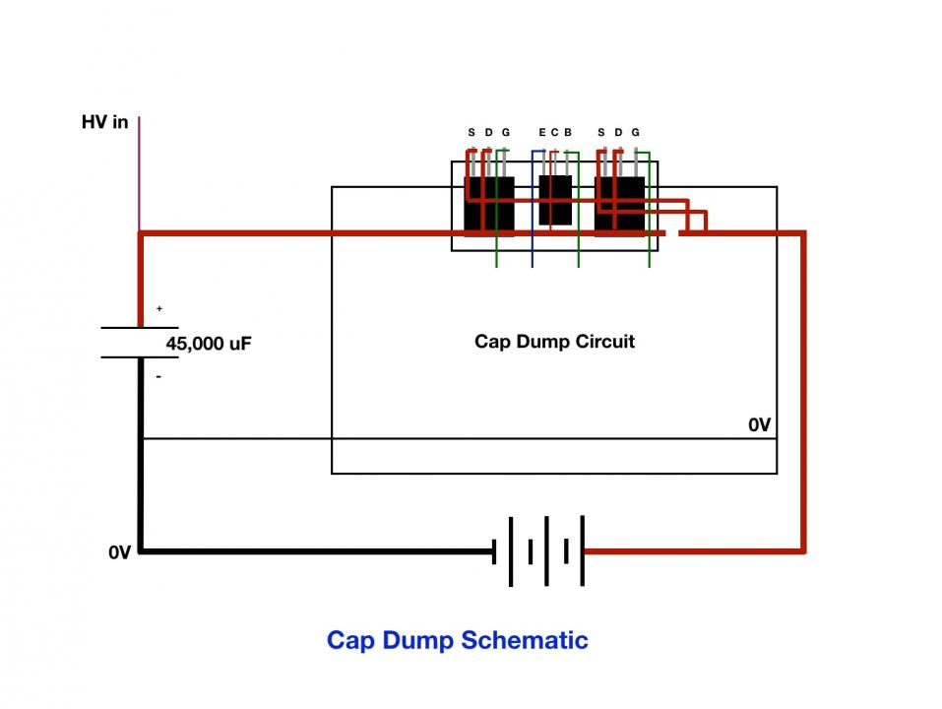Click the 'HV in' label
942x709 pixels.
point(104,122)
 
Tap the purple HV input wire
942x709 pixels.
point(139,173)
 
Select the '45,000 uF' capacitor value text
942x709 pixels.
point(209,344)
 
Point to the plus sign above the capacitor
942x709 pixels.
point(159,309)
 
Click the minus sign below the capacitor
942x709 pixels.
point(158,377)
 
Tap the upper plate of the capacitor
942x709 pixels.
point(140,328)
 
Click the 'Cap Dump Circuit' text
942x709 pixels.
point(554,342)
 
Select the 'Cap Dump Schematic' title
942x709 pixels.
point(457,640)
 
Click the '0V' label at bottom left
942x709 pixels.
point(119,552)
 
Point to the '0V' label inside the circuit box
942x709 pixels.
point(759,425)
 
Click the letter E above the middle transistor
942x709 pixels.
point(542,132)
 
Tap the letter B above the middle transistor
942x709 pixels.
point(568,132)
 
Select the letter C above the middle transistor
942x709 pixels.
point(554,132)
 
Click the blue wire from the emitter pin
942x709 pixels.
point(533,209)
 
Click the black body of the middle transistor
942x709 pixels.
point(555,200)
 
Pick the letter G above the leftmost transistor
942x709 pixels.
point(506,132)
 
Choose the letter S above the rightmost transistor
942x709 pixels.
point(601,132)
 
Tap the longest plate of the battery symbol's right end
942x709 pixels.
point(582,550)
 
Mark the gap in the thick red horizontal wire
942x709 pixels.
point(672,233)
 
